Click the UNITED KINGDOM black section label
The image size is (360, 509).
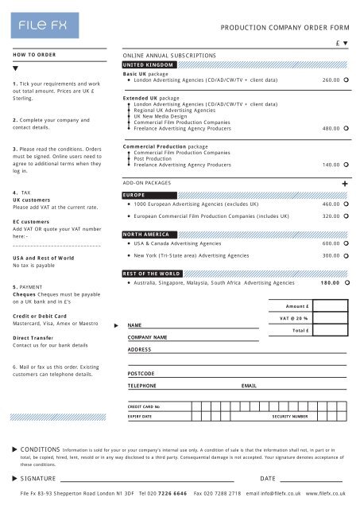tap(147, 64)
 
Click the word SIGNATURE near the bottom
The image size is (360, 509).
tap(38, 480)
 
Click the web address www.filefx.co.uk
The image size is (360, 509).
tap(326, 495)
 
